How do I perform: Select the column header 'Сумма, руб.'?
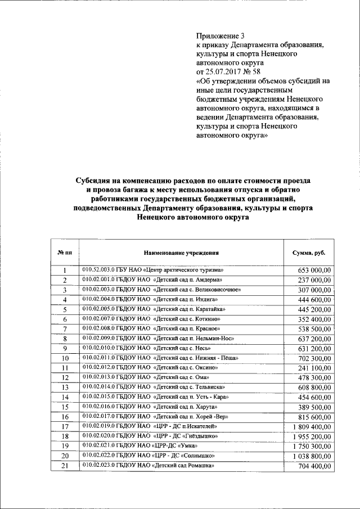pos(308,254)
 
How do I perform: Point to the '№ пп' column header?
pos(65,254)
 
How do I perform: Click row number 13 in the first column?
pos(65,388)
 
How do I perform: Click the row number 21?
pos(65,466)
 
